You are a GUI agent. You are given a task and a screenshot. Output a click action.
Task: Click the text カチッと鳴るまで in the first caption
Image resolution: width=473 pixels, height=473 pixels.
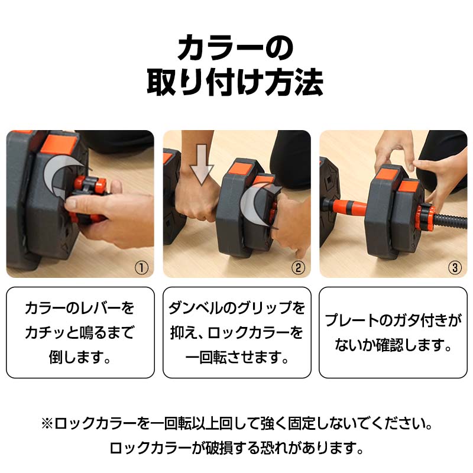tap(80, 333)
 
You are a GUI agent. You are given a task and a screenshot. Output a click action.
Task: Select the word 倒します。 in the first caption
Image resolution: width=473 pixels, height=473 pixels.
tap(80, 357)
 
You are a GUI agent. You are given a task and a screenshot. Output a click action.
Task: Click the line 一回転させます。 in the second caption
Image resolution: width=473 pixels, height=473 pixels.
tap(237, 357)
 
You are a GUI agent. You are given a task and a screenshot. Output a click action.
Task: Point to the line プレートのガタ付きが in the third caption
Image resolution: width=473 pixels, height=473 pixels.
tap(393, 321)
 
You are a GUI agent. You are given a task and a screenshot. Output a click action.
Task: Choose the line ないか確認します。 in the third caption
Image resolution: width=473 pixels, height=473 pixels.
tap(393, 345)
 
